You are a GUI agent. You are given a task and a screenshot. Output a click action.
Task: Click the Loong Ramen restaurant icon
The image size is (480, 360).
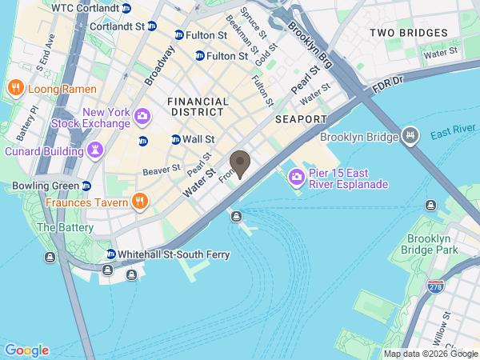coord(14,87)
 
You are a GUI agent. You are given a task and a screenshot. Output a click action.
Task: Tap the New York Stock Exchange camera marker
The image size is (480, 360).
coord(142,118)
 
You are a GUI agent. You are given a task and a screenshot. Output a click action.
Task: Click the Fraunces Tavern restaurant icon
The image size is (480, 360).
coord(139,202)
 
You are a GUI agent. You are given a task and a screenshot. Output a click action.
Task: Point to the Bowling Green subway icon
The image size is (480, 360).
coord(86,186)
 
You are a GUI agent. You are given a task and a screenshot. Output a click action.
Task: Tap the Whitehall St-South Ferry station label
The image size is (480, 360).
coord(173,254)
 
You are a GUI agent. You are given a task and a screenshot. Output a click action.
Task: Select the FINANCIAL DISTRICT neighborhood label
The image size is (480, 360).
coord(198,107)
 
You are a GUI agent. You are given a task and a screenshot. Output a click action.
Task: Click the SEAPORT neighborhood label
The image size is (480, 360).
coord(301,119)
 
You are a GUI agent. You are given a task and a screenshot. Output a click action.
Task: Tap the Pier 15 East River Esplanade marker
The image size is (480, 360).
coord(296,177)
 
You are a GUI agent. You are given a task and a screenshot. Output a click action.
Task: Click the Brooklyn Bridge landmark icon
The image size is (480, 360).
coord(410,137)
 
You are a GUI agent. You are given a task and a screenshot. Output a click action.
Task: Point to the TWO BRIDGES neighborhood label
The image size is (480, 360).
coord(408,33)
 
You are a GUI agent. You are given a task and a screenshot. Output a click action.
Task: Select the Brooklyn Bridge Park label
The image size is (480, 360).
coord(432,245)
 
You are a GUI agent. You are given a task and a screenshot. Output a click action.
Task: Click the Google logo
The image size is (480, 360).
coord(26,350)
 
